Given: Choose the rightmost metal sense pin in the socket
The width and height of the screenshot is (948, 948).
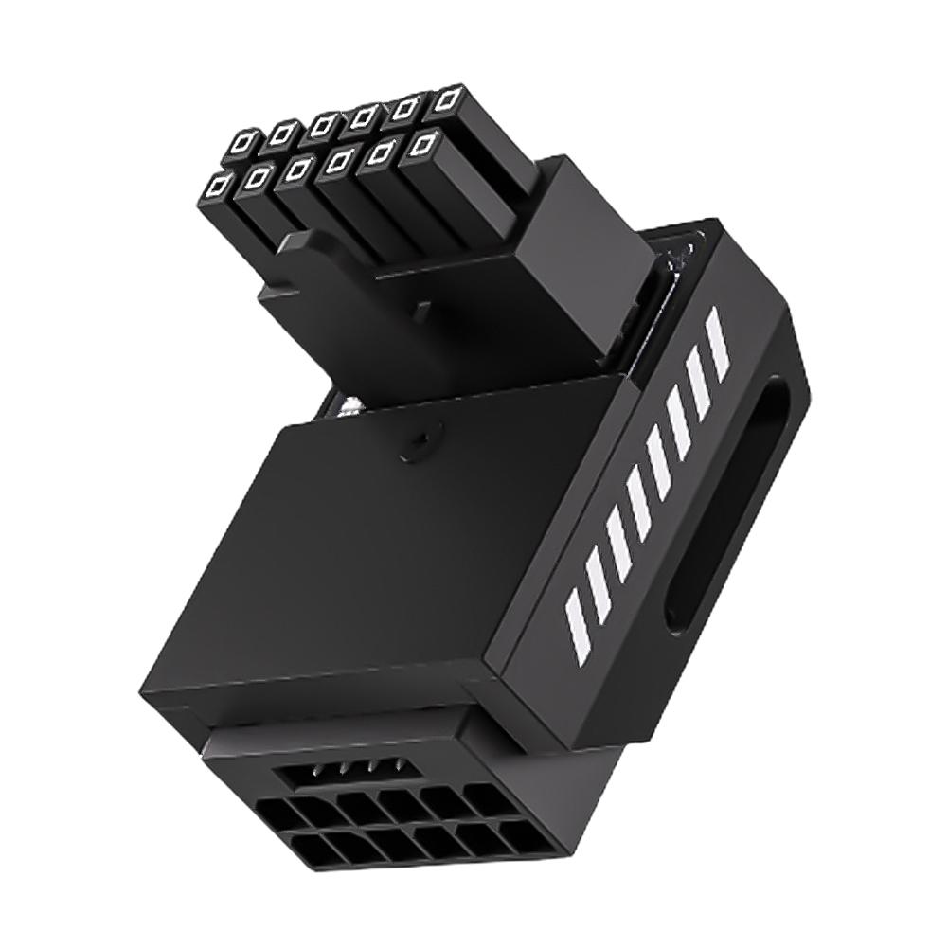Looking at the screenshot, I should pos(399,767).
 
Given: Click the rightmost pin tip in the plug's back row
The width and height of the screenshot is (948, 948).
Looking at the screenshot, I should pos(449,98).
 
